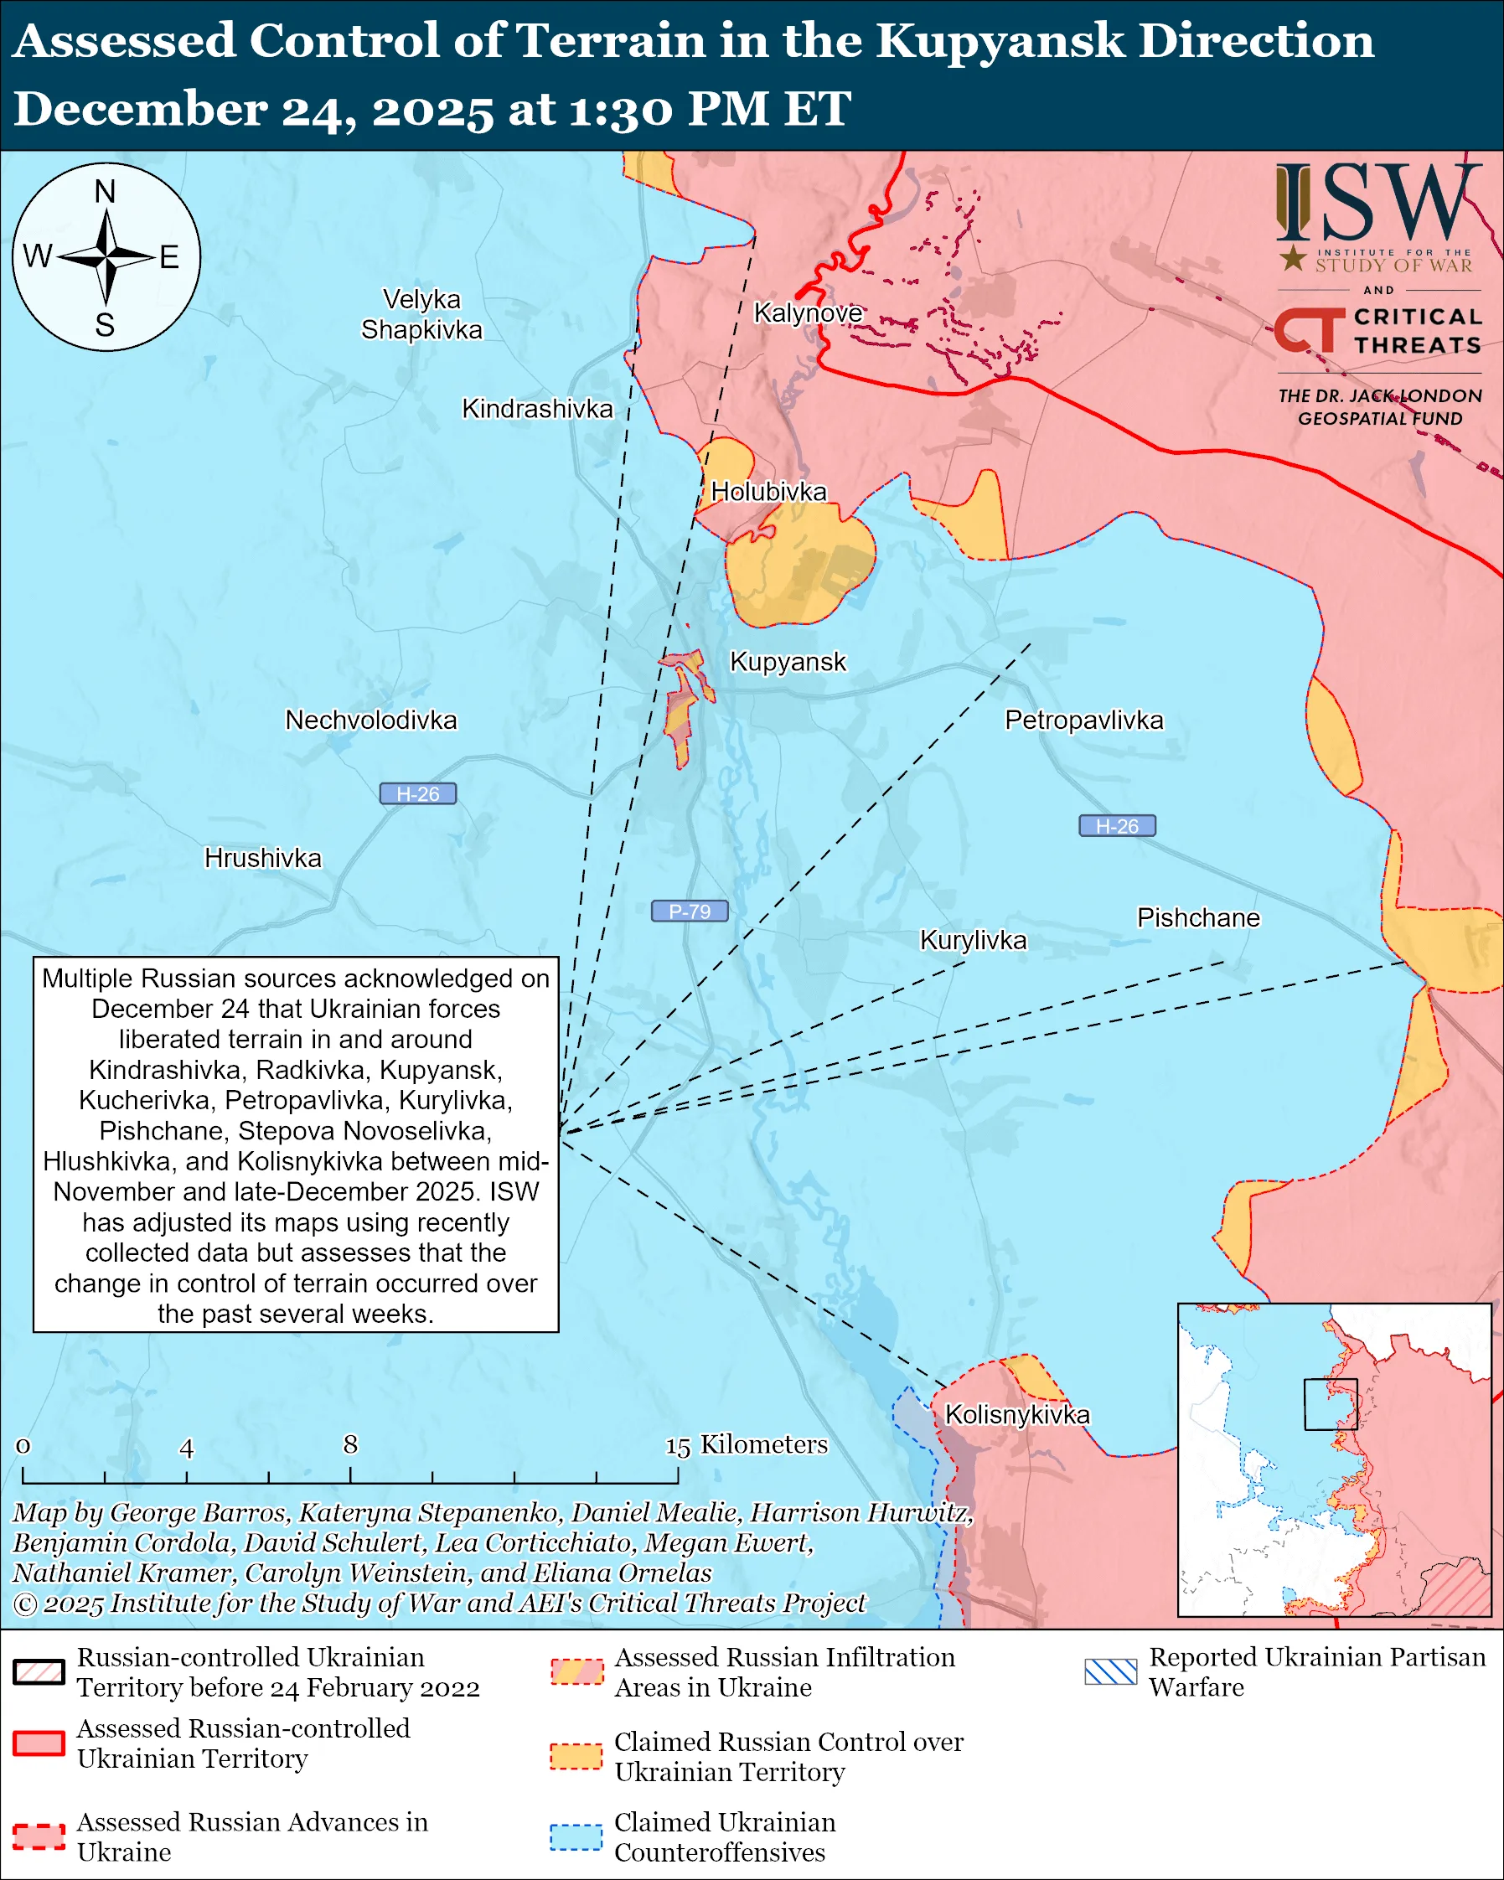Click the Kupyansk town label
pyautogui.click(x=788, y=662)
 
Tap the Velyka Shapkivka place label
pyautogui.click(x=421, y=315)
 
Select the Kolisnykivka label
pyautogui.click(x=1016, y=1414)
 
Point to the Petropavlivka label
pyautogui.click(x=1083, y=720)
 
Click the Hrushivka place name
pyautogui.click(x=262, y=858)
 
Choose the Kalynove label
pyautogui.click(x=808, y=312)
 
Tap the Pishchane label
pyautogui.click(x=1198, y=918)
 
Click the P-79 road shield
pyautogui.click(x=689, y=912)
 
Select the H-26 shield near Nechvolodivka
pyautogui.click(x=417, y=793)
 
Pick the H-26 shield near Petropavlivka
pyautogui.click(x=1117, y=826)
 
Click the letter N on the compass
pyautogui.click(x=106, y=191)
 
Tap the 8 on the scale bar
pyautogui.click(x=350, y=1445)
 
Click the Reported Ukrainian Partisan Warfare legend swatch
pyautogui.click(x=1111, y=1671)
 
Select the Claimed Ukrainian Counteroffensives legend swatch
pyautogui.click(x=576, y=1837)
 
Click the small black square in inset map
pyautogui.click(x=1331, y=1404)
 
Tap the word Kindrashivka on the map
pyautogui.click(x=537, y=409)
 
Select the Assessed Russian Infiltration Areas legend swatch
pyautogui.click(x=576, y=1671)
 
